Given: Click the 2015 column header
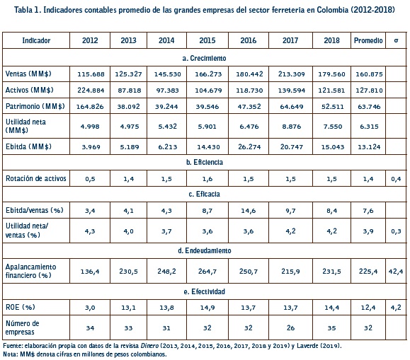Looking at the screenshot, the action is [207, 40].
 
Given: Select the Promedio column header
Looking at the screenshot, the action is [368, 40].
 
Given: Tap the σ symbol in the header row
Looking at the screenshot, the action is [396, 40].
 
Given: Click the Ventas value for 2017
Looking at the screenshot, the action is [291, 74].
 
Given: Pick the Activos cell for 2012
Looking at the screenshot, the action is [91, 91].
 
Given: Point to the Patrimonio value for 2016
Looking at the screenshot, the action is [249, 107].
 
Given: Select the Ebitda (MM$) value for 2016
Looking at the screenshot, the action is [249, 147].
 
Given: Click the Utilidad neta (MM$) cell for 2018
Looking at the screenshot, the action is [333, 127].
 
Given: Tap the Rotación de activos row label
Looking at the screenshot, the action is [36, 178].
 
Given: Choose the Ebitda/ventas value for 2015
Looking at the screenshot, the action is [207, 211].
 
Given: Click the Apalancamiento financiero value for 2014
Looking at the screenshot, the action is [166, 272].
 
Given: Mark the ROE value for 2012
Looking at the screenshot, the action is [90, 308].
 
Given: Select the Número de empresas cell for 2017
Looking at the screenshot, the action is [290, 328].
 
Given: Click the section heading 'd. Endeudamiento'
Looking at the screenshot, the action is [205, 251].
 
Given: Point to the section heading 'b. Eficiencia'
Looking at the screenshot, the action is [205, 162].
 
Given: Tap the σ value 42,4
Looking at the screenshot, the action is [396, 272].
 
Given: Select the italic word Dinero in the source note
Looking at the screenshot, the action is [149, 346].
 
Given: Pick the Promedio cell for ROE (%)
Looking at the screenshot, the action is [368, 308].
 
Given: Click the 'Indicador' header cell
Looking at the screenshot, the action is [36, 40].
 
